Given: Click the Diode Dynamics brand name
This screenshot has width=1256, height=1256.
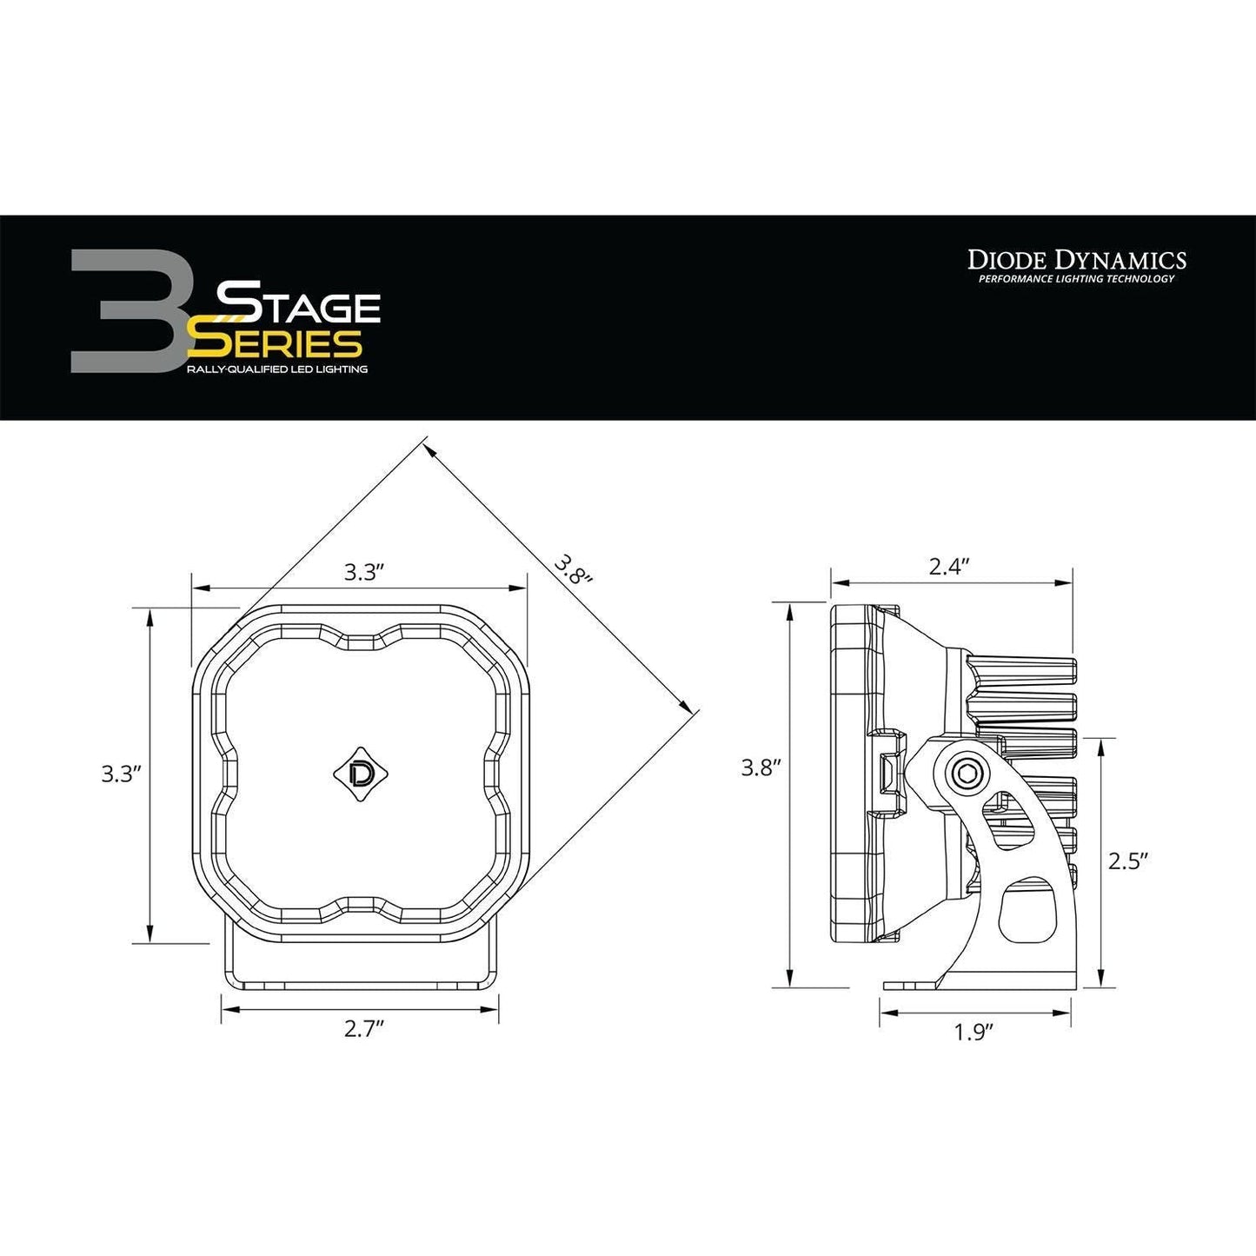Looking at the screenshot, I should click(x=1077, y=259).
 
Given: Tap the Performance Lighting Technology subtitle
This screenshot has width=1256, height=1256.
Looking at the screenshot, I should click(x=1076, y=279).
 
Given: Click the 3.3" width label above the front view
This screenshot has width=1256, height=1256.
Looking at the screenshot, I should click(x=364, y=572).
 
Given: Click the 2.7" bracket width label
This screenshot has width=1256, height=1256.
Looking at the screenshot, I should click(x=364, y=1029).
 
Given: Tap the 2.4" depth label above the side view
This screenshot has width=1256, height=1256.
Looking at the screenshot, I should click(x=949, y=567).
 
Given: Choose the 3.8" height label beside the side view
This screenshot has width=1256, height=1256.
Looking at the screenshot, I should click(x=761, y=768).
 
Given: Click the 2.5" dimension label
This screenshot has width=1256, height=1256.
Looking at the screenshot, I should click(x=1129, y=861).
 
